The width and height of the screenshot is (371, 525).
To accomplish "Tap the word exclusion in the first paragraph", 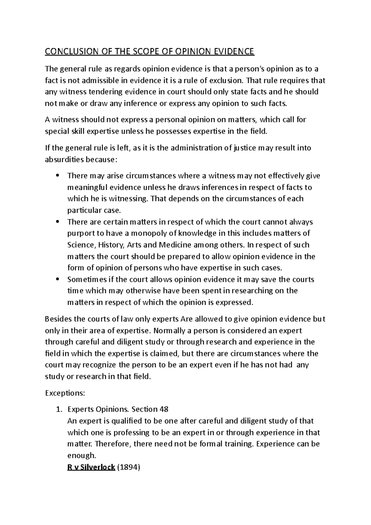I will click(x=227, y=81).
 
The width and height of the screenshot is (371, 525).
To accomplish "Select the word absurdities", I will click(x=64, y=160).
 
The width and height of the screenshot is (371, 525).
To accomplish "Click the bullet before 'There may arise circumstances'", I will click(x=57, y=176).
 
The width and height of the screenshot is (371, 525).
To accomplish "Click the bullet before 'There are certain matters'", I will click(x=57, y=222).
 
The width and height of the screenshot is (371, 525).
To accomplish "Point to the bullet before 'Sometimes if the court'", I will click(x=57, y=280).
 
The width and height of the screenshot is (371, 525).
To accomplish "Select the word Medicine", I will click(x=175, y=245).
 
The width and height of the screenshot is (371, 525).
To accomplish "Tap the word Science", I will click(x=81, y=245).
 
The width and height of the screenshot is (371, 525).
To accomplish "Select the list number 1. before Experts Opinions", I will click(x=59, y=409).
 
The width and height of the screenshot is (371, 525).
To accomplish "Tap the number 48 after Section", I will click(x=164, y=409).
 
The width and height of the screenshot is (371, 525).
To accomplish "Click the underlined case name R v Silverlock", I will click(x=91, y=467).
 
